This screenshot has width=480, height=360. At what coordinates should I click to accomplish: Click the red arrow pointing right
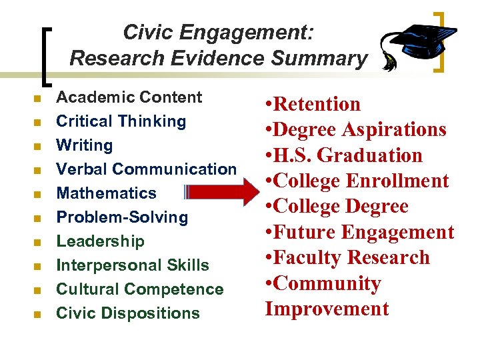[224, 193]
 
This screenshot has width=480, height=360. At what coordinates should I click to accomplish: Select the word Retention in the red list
[317, 104]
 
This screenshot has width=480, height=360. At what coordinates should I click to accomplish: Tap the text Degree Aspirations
[361, 129]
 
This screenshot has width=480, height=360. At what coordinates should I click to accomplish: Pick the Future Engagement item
[363, 232]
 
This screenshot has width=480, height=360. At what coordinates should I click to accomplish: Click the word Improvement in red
[327, 309]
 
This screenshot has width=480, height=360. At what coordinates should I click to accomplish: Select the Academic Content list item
[129, 97]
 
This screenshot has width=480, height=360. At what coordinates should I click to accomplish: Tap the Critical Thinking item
[121, 121]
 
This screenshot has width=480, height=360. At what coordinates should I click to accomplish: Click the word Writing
[84, 145]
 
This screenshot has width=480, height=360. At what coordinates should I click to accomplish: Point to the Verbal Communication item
[146, 169]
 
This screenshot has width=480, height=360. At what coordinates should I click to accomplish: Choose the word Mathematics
[106, 193]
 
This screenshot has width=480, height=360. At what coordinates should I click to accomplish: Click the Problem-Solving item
[122, 217]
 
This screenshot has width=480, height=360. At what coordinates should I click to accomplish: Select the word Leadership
[100, 241]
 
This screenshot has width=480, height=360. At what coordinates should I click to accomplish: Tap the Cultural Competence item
[139, 289]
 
